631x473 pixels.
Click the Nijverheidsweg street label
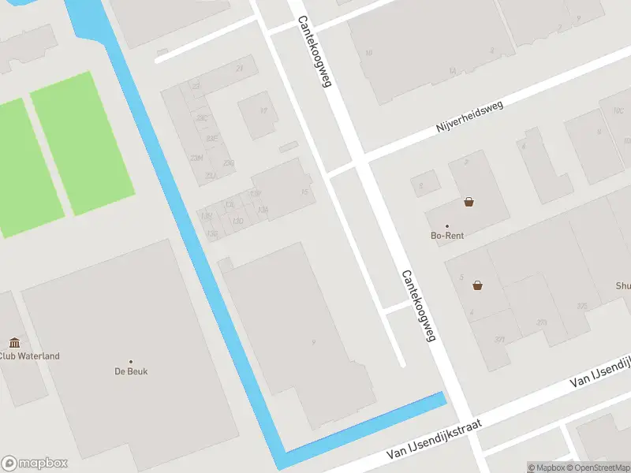(470, 116)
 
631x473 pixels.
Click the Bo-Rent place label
(446, 235)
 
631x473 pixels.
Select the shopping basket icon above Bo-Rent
(469, 202)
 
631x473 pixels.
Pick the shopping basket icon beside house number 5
(477, 285)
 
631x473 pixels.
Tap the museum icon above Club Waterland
(14, 342)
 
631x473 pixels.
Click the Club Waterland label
(29, 356)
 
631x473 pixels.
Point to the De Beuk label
(131, 371)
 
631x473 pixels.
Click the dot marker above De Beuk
(131, 361)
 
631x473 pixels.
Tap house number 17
(263, 110)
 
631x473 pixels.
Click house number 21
(239, 69)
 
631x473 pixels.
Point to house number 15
(304, 192)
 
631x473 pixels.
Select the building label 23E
(211, 138)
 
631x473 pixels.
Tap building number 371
(499, 339)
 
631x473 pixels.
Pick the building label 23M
(196, 158)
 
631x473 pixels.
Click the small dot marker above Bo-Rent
(446, 225)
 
